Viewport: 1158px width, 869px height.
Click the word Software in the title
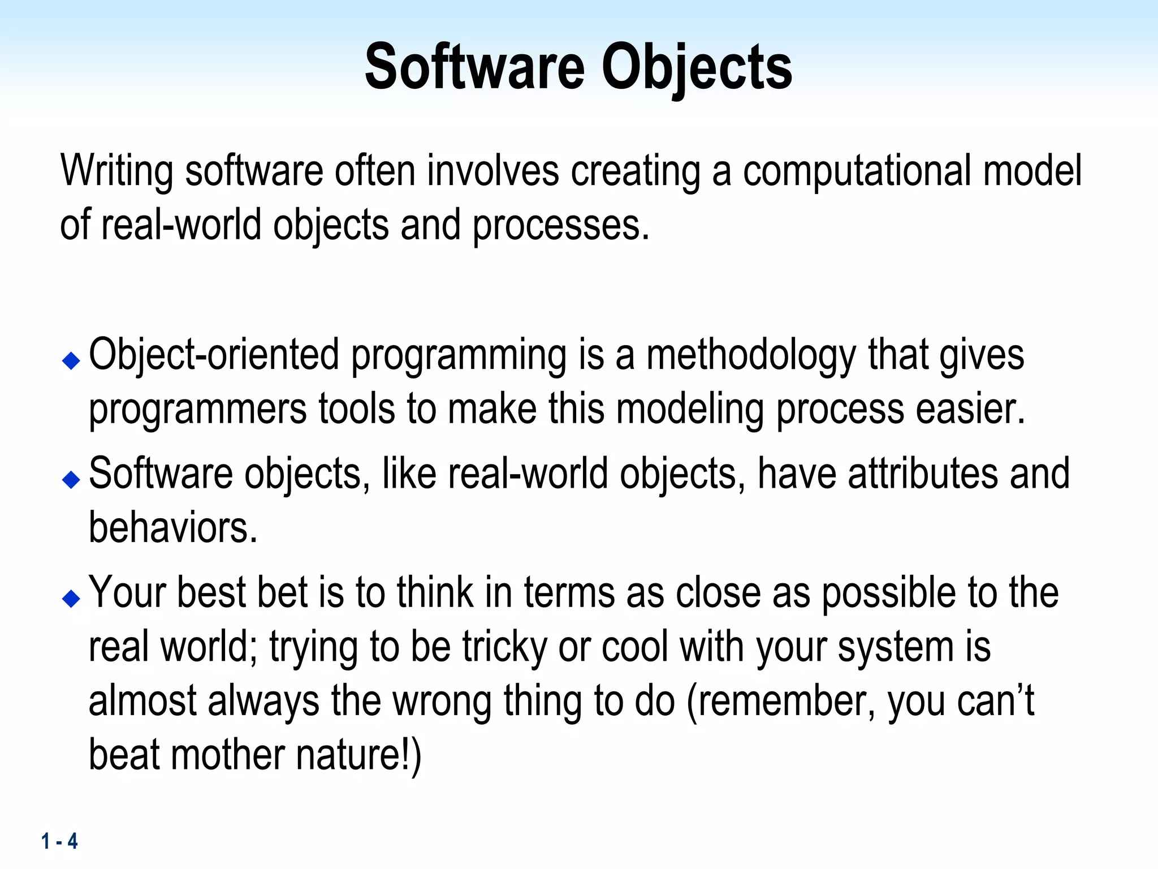tap(474, 68)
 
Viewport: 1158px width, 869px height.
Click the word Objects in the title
tap(696, 68)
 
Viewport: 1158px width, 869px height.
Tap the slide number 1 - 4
tap(59, 841)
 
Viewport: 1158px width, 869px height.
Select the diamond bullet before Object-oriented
tap(71, 360)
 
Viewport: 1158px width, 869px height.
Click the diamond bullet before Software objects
tap(71, 479)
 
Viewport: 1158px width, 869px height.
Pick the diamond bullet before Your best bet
tap(71, 598)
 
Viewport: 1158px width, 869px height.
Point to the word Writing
tap(116, 171)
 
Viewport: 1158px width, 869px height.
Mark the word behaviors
tap(172, 528)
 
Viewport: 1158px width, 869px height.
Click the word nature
tap(349, 755)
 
